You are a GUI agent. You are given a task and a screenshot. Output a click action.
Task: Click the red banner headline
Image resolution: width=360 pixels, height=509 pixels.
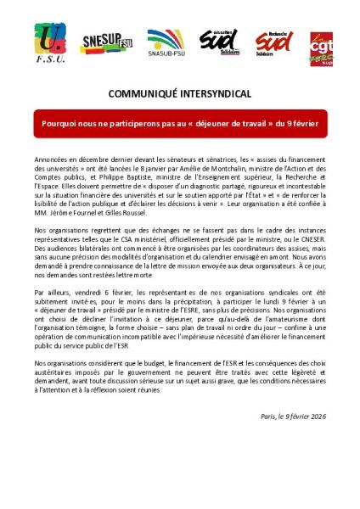click(x=180, y=124)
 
